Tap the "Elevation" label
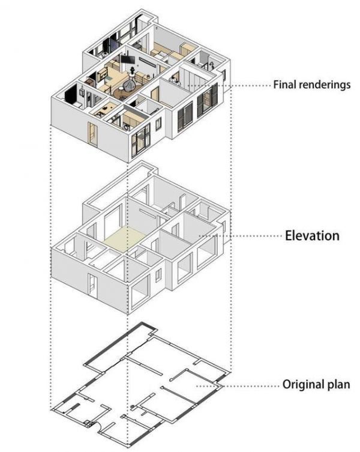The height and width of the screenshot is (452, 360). (312, 235)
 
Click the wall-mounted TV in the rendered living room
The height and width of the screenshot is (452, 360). (127, 59)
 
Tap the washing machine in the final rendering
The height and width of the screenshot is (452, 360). (127, 127)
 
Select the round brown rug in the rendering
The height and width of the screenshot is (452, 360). (125, 90)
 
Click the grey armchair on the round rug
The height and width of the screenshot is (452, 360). (128, 85)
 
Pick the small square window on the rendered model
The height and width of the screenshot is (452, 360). (158, 124)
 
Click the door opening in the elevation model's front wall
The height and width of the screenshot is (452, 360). (93, 285)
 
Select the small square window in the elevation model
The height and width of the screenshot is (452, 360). (158, 275)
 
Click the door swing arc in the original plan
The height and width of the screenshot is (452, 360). (98, 426)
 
